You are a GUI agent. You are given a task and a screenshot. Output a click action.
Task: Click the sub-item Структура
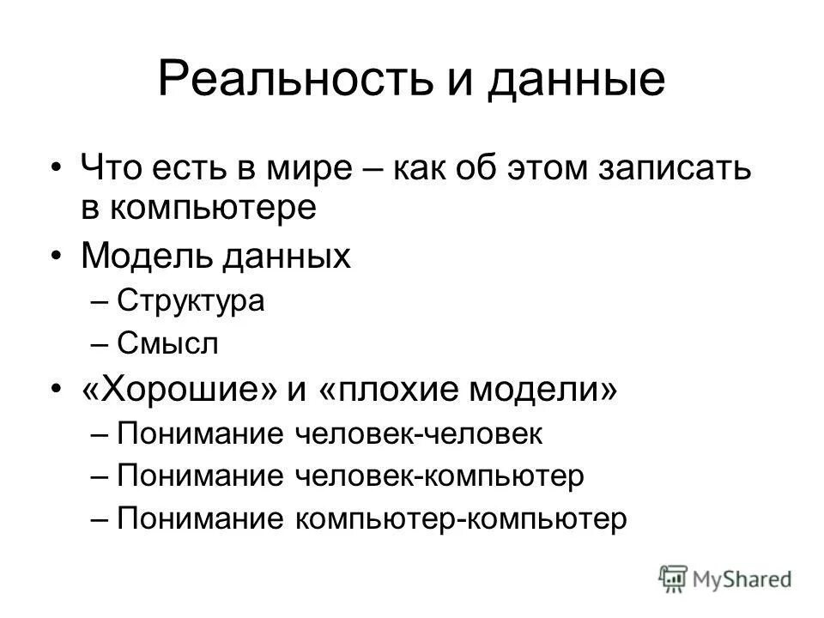click(x=191, y=301)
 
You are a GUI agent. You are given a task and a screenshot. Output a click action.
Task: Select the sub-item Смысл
click(x=167, y=343)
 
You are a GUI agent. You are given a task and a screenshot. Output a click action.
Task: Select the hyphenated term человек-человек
click(x=419, y=433)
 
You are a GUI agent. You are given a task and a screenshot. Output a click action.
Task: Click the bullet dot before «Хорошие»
click(x=56, y=391)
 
